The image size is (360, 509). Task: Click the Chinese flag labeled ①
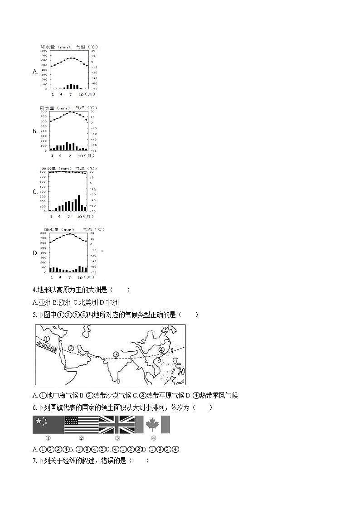tap(48, 425)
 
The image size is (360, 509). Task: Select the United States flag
tap(82, 425)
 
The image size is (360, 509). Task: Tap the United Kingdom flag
tap(117, 425)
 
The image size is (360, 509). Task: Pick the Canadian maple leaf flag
tap(153, 425)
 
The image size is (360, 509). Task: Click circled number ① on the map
tap(46, 339)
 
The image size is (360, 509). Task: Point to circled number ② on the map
tap(71, 349)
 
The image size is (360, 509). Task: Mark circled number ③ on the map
tap(116, 354)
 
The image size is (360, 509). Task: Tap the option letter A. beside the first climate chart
tap(35, 72)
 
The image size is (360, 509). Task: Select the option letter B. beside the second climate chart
tap(35, 131)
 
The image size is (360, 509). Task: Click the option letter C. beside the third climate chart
tap(35, 192)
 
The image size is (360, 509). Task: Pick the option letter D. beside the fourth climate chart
tap(35, 253)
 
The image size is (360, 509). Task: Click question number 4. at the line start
tap(35, 290)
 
